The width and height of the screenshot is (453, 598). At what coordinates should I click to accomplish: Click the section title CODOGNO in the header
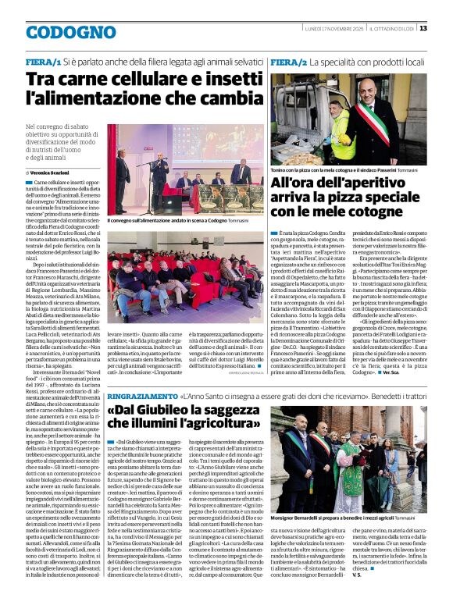[x=70, y=33]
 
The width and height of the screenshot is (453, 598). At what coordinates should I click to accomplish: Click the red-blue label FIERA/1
[x=44, y=60]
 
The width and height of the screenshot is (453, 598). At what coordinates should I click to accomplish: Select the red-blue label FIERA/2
[x=287, y=60]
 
